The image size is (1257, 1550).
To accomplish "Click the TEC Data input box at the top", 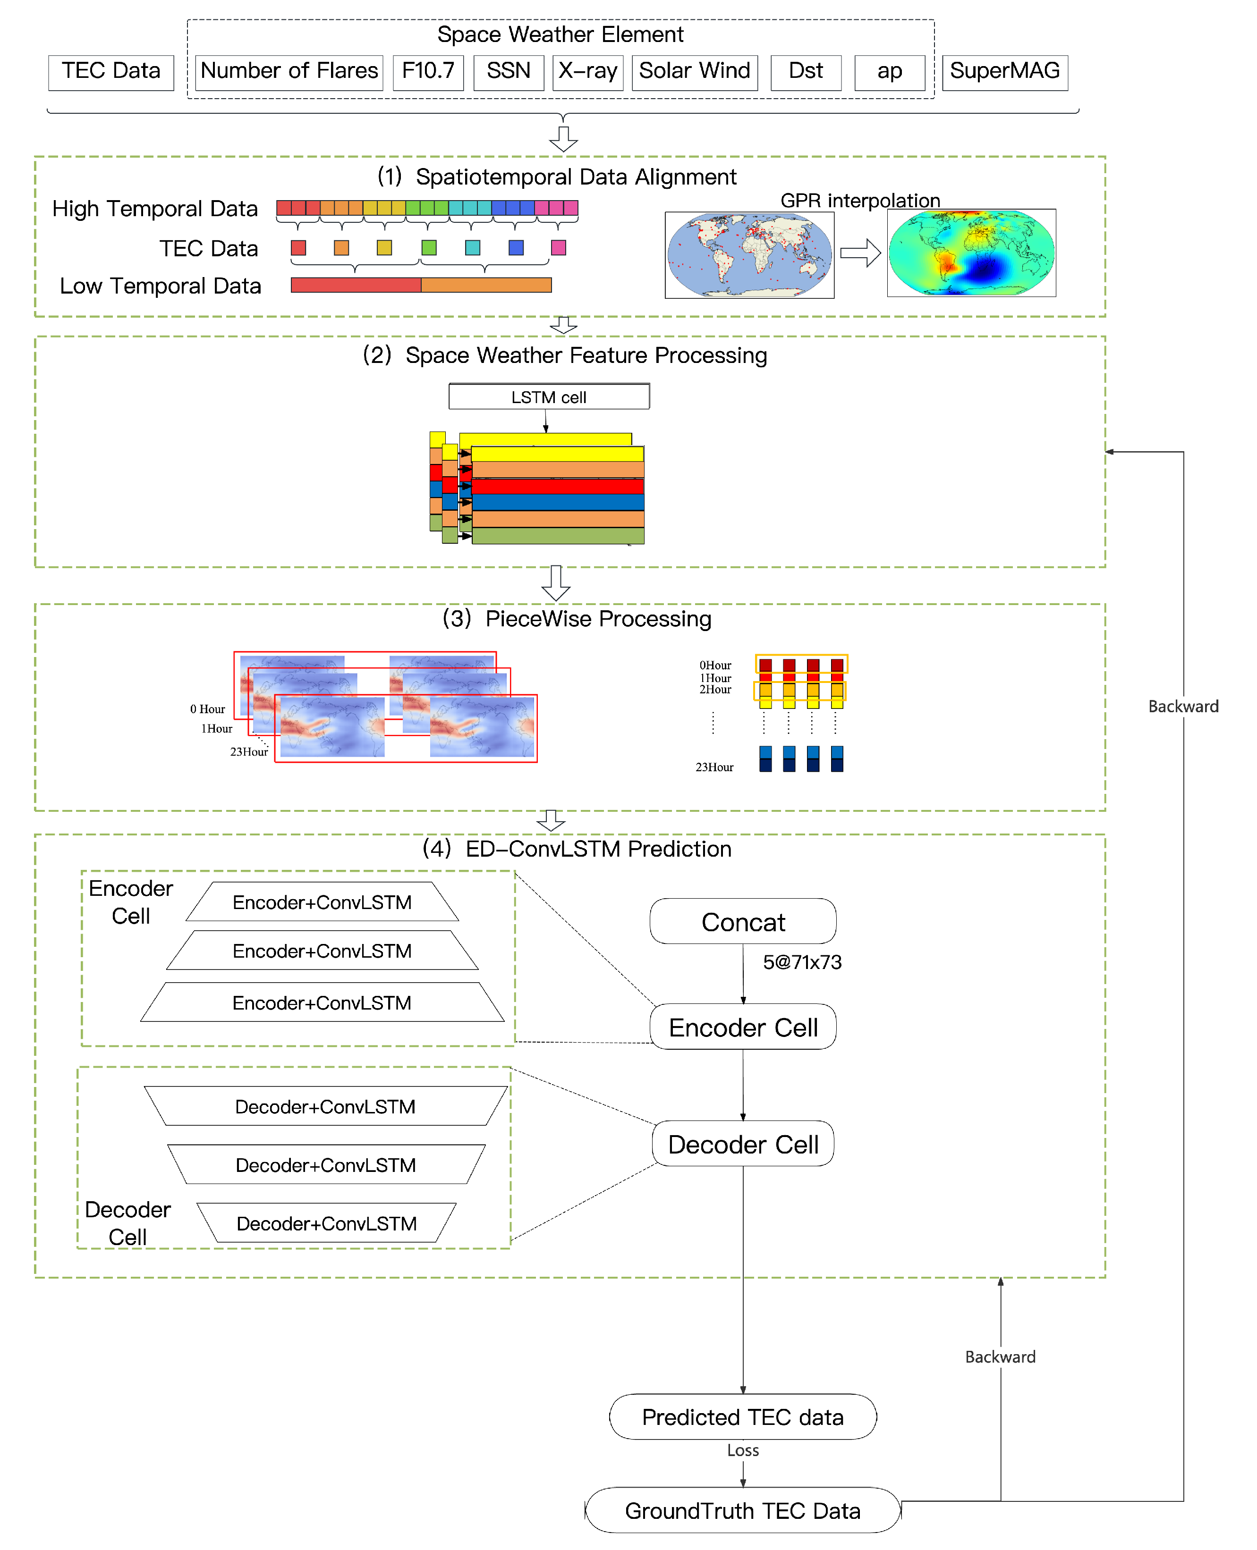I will click(111, 72).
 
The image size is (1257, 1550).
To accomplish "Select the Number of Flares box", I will click(289, 72).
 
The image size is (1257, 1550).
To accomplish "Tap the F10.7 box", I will click(428, 72).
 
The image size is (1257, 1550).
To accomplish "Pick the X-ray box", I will click(587, 72).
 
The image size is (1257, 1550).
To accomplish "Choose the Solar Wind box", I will click(695, 72).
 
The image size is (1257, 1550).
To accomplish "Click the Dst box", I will click(805, 72).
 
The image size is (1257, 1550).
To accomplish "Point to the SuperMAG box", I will click(1004, 72).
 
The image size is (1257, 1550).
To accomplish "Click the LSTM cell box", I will click(548, 396).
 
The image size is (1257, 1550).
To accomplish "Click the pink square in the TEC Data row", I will click(558, 247).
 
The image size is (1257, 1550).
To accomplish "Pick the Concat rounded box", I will click(743, 921).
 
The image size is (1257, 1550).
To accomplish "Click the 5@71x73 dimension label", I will click(801, 962).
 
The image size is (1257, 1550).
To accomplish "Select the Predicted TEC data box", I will click(742, 1416).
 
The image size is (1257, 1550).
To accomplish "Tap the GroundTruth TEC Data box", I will click(742, 1510).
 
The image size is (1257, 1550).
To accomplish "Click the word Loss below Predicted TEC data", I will click(742, 1449).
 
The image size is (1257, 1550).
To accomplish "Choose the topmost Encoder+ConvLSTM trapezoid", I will click(322, 901).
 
